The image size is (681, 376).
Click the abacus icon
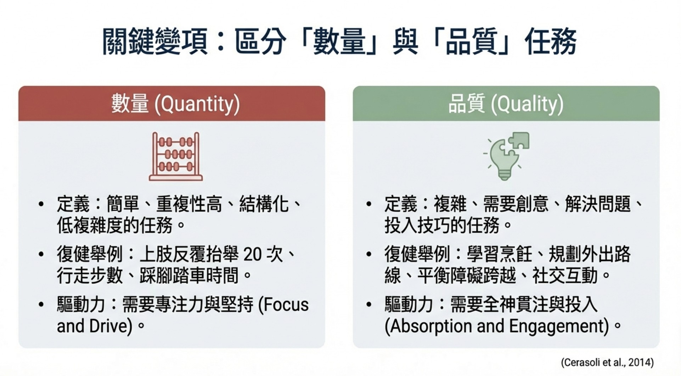(176, 156)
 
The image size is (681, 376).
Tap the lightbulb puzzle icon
(506, 156)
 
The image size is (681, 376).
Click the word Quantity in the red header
(197, 104)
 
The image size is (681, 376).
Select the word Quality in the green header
(527, 104)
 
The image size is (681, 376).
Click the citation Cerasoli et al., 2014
(607, 362)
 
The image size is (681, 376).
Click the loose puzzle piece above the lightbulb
(519, 140)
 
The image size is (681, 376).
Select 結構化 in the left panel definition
(264, 204)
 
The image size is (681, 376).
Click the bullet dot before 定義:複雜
(369, 204)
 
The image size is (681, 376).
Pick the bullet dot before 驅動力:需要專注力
(41, 304)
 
